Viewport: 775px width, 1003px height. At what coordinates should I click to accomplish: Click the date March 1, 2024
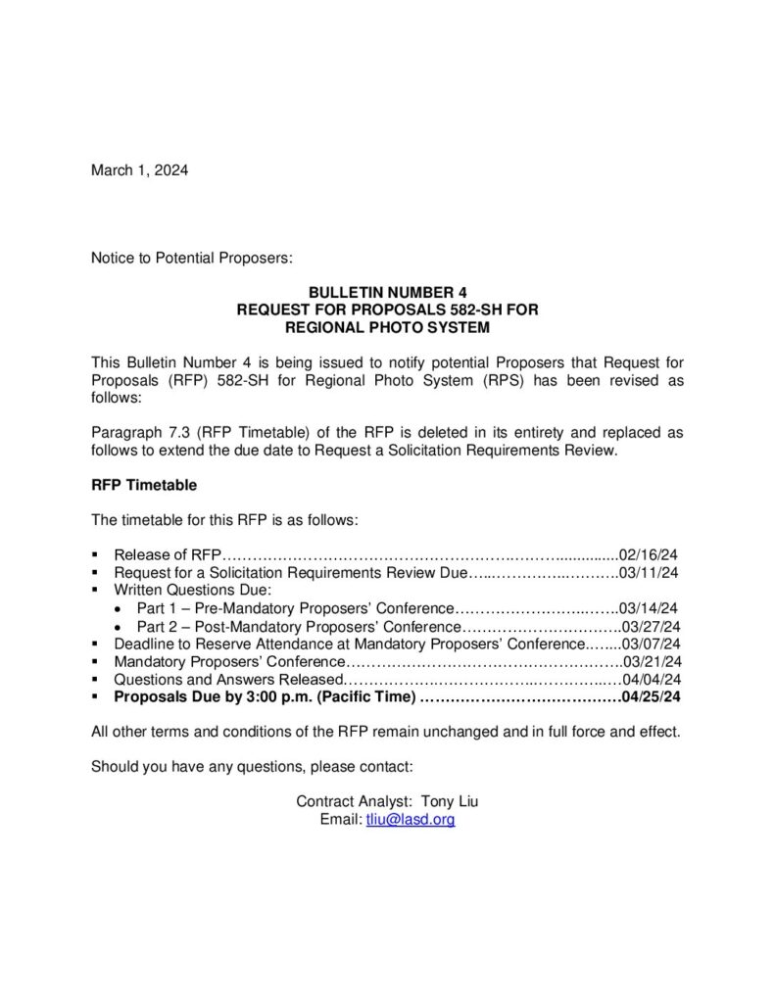(x=139, y=170)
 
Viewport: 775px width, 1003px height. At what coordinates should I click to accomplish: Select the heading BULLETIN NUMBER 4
(x=388, y=292)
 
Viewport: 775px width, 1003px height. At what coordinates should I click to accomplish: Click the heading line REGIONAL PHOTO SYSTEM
(x=388, y=327)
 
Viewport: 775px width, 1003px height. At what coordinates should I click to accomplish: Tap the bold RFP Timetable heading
(x=144, y=484)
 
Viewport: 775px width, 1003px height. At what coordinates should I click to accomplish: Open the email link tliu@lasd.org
(x=411, y=819)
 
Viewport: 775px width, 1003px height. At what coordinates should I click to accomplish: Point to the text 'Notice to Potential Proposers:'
(x=192, y=259)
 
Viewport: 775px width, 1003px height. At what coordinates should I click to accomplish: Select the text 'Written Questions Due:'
(x=192, y=590)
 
